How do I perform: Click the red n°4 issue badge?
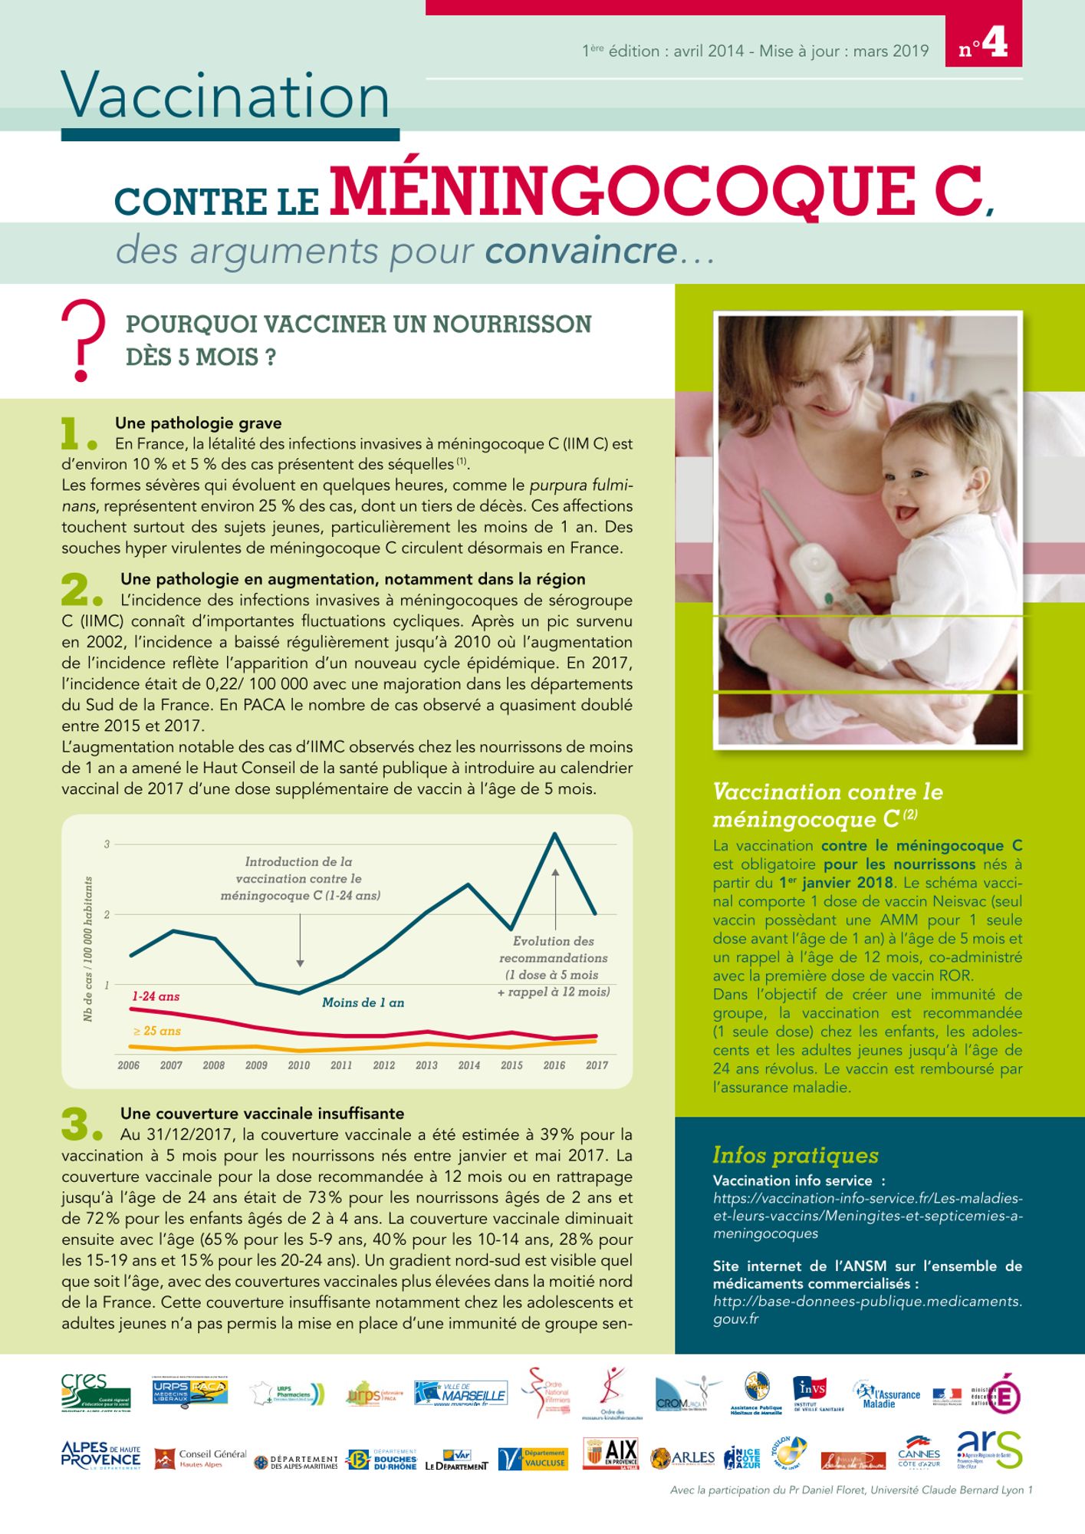(984, 44)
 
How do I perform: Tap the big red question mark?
(82, 339)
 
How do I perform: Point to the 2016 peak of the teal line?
(554, 834)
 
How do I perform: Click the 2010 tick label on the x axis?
(299, 1065)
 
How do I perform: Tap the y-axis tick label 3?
(107, 844)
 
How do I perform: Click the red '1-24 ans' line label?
(156, 996)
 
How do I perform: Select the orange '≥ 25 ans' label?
(156, 1031)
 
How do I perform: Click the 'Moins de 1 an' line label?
(363, 1002)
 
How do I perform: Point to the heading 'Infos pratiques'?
(795, 1155)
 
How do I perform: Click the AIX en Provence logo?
(610, 1453)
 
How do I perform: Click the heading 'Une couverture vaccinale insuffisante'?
(262, 1114)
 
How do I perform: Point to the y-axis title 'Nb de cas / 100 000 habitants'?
(88, 949)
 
